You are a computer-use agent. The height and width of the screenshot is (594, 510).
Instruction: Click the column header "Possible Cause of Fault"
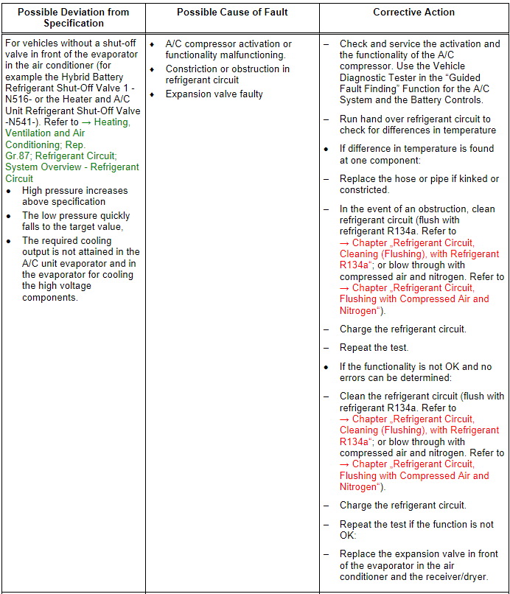[x=232, y=12]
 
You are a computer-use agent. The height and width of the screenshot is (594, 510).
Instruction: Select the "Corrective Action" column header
[x=413, y=12]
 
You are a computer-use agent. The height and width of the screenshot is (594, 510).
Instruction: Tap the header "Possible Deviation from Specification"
[x=73, y=18]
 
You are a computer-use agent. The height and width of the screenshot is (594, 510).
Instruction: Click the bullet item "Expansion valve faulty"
[x=214, y=94]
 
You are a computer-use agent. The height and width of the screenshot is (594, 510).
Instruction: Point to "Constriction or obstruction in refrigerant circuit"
[x=227, y=74]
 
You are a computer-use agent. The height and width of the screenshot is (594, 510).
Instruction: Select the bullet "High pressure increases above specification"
[x=74, y=196]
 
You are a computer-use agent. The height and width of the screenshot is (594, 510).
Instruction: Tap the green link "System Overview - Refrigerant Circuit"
[x=71, y=172]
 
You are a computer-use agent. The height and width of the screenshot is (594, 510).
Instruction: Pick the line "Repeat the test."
[x=374, y=348]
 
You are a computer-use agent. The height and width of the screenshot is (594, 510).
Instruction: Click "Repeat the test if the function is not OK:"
[x=416, y=530]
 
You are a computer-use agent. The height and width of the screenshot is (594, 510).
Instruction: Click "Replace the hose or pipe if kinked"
[x=419, y=179]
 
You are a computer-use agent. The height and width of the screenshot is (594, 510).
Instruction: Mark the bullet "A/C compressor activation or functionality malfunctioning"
[x=228, y=49]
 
